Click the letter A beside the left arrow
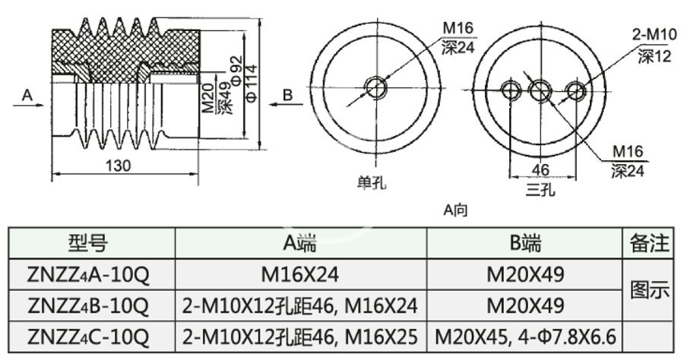27,95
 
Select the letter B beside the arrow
288,95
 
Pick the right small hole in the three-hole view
576,91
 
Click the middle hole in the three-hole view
540,91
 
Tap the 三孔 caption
540,189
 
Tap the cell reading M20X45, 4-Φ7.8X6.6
524,335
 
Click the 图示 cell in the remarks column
651,289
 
